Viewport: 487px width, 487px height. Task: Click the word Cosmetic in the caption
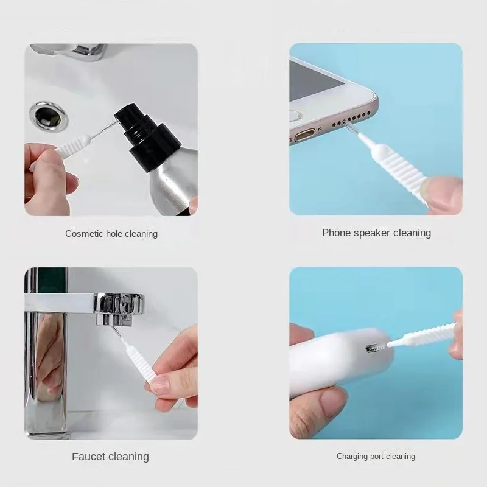point(83,234)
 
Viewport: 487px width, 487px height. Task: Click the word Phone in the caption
point(336,233)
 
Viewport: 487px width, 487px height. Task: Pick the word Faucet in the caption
point(89,457)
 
